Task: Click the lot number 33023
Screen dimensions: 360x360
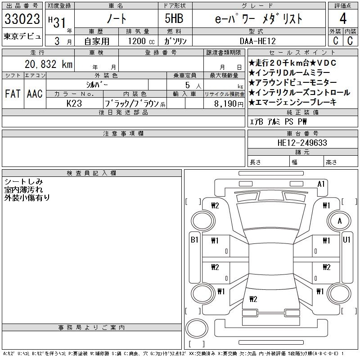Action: click(x=22, y=19)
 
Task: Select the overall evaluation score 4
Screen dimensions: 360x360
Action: click(x=343, y=19)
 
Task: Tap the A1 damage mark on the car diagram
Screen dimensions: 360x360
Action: click(x=321, y=184)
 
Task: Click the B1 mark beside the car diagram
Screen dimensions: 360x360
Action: click(x=194, y=240)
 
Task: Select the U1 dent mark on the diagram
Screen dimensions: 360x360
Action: click(x=346, y=240)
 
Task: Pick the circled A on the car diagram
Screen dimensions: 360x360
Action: click(x=340, y=221)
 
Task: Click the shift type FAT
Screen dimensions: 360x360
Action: click(x=13, y=94)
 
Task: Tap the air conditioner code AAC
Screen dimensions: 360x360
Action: click(x=34, y=94)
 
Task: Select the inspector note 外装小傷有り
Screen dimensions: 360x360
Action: click(x=27, y=197)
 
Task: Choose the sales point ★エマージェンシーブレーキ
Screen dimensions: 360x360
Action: click(x=292, y=102)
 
